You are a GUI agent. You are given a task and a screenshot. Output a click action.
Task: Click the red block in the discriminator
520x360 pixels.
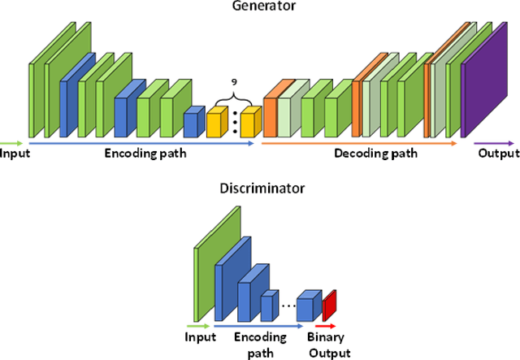[x=329, y=305]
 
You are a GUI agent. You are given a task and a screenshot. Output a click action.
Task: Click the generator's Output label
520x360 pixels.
[x=498, y=154]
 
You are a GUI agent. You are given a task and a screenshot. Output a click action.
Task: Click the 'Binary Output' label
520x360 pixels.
[x=328, y=345]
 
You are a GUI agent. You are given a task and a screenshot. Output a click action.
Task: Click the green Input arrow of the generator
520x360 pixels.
[x=12, y=143]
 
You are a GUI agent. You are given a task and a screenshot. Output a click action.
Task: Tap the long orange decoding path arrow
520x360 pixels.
[x=357, y=143]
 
